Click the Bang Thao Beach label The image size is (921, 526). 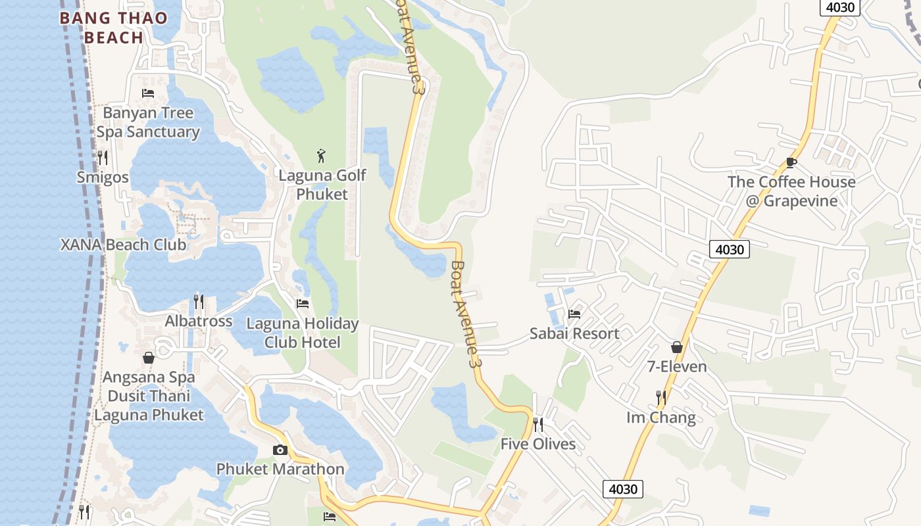coord(114,28)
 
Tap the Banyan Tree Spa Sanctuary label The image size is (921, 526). coord(148,122)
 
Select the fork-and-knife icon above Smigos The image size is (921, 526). coord(102,157)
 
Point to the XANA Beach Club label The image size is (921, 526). coord(123,245)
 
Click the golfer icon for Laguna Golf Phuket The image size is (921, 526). coord(321,156)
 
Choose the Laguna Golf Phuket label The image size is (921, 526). coord(322,185)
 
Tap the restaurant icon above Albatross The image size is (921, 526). coord(199,302)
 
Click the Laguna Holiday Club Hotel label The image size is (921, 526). coord(302,333)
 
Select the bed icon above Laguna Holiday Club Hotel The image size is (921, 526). coord(303,304)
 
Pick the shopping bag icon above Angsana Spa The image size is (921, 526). coord(149,358)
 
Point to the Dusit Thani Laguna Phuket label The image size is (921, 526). coord(149,406)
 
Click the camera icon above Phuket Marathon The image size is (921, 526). coord(280,450)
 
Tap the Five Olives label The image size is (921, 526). coord(538,444)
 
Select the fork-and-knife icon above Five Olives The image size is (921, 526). coord(538,424)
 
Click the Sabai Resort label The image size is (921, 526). coord(574,333)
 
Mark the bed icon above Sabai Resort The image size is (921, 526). coord(574,314)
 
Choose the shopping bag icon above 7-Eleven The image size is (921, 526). coord(677,347)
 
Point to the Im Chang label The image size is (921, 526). coord(660,418)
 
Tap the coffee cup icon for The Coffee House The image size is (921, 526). coord(791,162)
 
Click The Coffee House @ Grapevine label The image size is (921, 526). coord(791,191)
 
